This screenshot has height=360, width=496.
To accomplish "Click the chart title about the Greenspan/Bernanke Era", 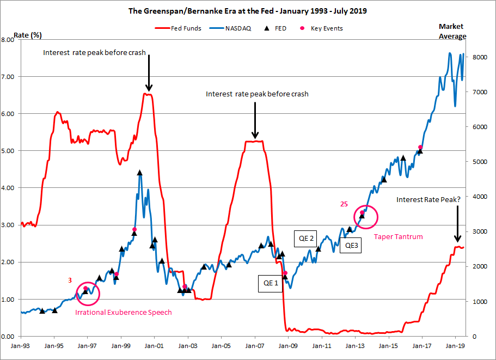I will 248,10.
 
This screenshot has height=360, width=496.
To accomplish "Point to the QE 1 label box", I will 270,283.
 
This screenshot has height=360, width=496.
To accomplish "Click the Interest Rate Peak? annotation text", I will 428,199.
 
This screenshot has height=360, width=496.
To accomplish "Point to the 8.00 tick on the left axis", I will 9,40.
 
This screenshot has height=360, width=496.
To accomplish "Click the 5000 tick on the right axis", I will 474,162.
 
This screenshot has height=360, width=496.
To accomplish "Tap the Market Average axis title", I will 452,31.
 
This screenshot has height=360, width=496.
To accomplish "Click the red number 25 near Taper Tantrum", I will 344,205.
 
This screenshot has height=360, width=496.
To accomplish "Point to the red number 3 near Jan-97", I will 70,280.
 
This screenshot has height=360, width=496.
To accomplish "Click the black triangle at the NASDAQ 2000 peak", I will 140,173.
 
